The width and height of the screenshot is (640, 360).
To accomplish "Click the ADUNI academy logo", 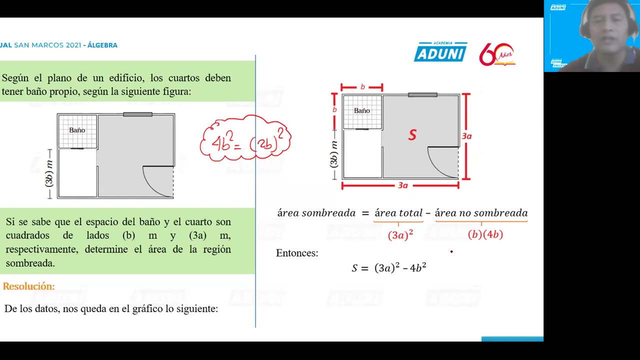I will click(440, 52).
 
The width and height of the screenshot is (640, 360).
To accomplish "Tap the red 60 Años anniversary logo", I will click(496, 54).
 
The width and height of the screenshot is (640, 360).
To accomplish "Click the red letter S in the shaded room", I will click(412, 135).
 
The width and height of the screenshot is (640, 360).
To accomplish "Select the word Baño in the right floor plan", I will click(362, 110).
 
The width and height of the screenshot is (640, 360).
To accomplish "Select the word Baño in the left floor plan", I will click(77, 130).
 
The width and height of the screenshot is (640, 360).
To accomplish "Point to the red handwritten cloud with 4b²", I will click(245, 139).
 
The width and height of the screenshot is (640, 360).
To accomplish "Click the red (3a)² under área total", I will click(400, 235).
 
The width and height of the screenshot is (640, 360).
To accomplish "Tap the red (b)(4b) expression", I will click(485, 234).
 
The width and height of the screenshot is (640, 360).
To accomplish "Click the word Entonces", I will click(297, 253).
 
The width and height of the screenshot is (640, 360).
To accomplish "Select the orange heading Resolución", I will click(28, 286).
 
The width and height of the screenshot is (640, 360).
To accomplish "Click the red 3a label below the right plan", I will click(402, 185).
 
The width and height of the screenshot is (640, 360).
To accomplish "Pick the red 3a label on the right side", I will click(466, 136).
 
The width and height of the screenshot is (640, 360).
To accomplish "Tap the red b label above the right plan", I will click(362, 87).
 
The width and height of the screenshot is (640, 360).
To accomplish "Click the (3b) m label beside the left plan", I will click(49, 173).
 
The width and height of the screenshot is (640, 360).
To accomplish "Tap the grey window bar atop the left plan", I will click(137, 114).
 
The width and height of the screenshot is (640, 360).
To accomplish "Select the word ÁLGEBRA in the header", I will click(102, 45).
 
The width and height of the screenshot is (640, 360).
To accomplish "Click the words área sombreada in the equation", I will click(316, 213).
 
